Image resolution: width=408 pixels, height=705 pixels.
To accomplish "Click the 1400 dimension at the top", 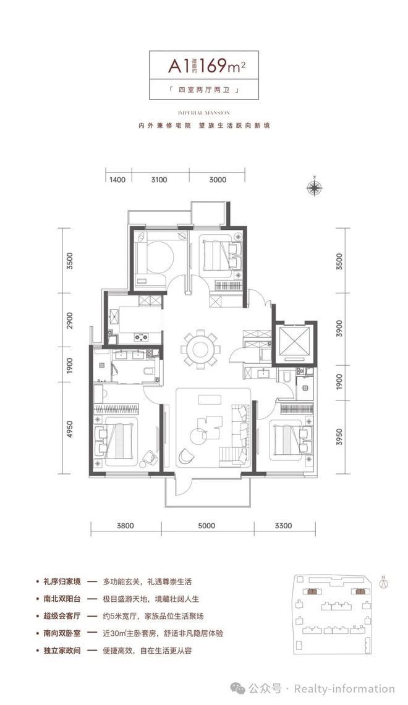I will pos(117,180).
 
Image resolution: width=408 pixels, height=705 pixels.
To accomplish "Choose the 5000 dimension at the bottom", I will pos(206,526).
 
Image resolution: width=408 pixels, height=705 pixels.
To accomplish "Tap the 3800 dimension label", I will pos(125,526).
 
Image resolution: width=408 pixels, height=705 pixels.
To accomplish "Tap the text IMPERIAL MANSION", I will pos(203,113).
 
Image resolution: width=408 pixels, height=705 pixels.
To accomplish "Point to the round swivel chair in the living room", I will pos(185,458).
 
